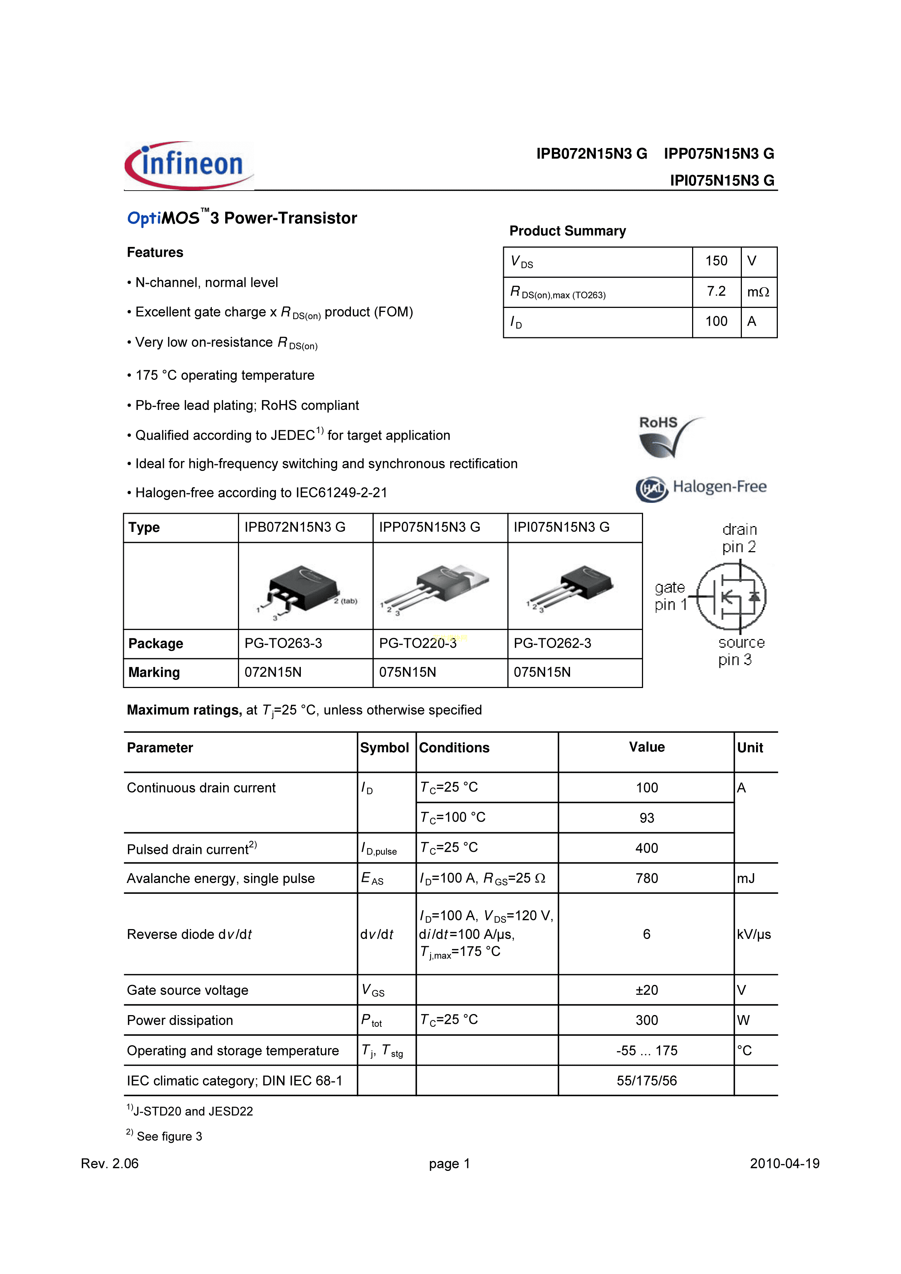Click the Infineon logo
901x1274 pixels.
coord(189,165)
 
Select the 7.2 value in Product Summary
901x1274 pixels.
coord(716,291)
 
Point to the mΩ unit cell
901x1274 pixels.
coord(758,292)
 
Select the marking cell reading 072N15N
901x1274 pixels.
coord(273,672)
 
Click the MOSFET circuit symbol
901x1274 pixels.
coord(731,597)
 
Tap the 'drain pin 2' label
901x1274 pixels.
coord(739,538)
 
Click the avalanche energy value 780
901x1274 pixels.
coord(647,878)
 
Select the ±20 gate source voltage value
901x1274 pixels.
coord(647,990)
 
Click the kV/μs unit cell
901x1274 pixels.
coord(754,935)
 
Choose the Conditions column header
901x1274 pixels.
coord(454,748)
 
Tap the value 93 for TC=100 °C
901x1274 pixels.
coord(647,818)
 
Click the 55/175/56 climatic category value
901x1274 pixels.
coord(647,1081)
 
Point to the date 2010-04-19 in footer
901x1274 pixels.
coord(784,1164)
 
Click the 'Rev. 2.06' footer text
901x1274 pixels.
coord(110,1164)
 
